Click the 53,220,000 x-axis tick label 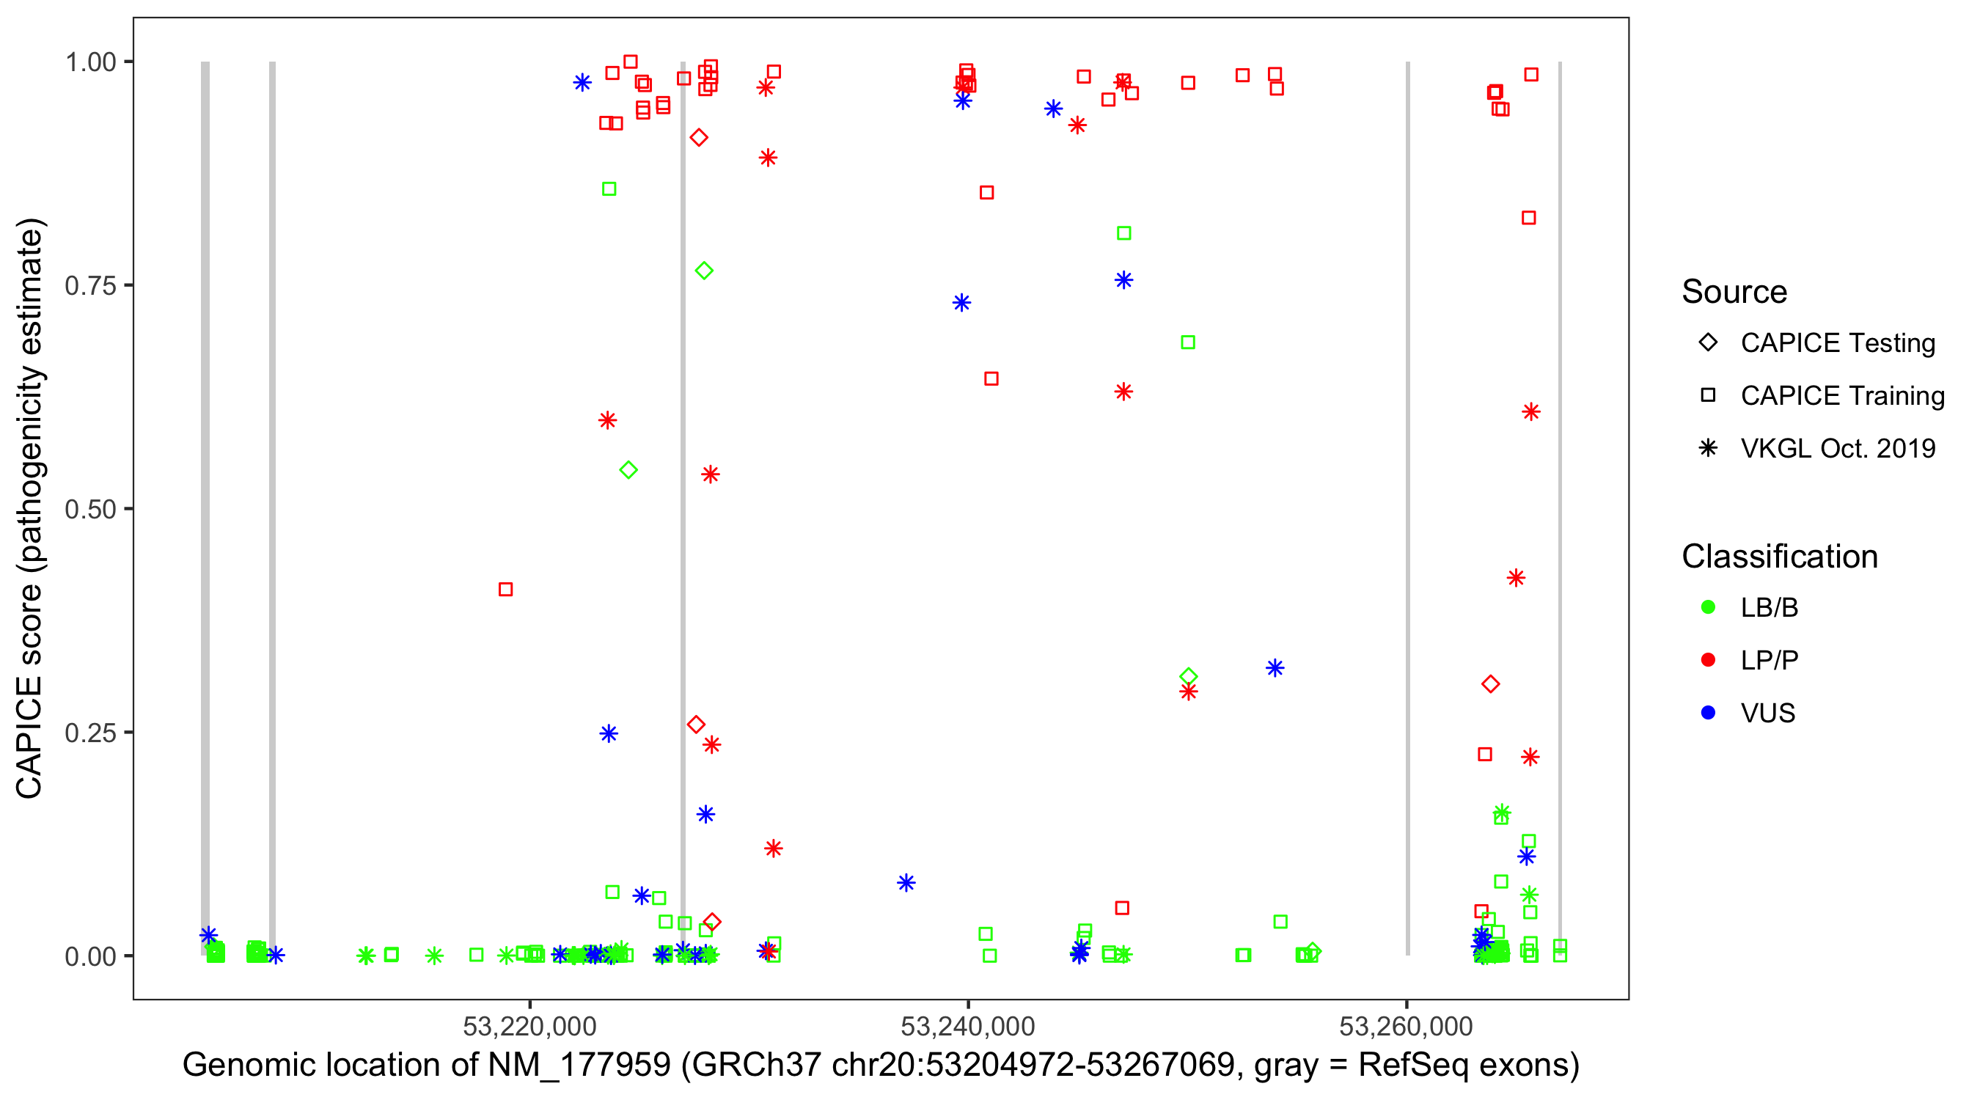pyautogui.click(x=529, y=1026)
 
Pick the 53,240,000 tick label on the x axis pyautogui.click(x=968, y=1026)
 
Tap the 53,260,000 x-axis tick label pyautogui.click(x=1406, y=1026)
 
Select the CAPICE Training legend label pyautogui.click(x=1842, y=396)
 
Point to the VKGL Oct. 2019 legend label pyautogui.click(x=1838, y=449)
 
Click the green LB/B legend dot pyautogui.click(x=1708, y=607)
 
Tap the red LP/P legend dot pyautogui.click(x=1708, y=660)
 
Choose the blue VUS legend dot pyautogui.click(x=1708, y=714)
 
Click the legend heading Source pyautogui.click(x=1734, y=292)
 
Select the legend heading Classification pyautogui.click(x=1779, y=557)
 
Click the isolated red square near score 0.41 pyautogui.click(x=506, y=590)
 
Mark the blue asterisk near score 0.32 pyautogui.click(x=1275, y=668)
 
